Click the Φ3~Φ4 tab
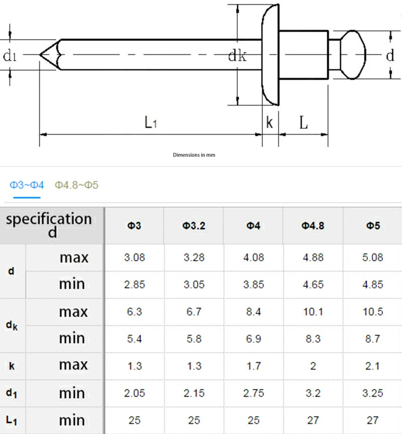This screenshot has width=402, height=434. [27, 185]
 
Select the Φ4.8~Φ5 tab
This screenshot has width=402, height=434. [76, 185]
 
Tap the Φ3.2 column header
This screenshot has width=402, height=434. [193, 226]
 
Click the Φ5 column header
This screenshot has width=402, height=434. [372, 226]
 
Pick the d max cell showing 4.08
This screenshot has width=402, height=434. [253, 258]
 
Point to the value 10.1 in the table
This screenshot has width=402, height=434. [313, 312]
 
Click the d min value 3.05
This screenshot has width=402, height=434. [193, 285]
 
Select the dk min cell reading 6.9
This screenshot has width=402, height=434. [253, 339]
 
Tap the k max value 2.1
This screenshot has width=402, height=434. [372, 366]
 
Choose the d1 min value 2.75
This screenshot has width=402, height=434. [253, 393]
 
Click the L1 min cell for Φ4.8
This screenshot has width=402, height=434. [313, 420]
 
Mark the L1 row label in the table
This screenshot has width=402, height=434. [12, 420]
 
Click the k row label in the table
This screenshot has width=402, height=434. [12, 366]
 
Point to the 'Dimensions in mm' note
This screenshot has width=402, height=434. [194, 155]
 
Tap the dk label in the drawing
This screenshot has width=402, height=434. [237, 56]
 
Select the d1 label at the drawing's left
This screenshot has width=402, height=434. [10, 55]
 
